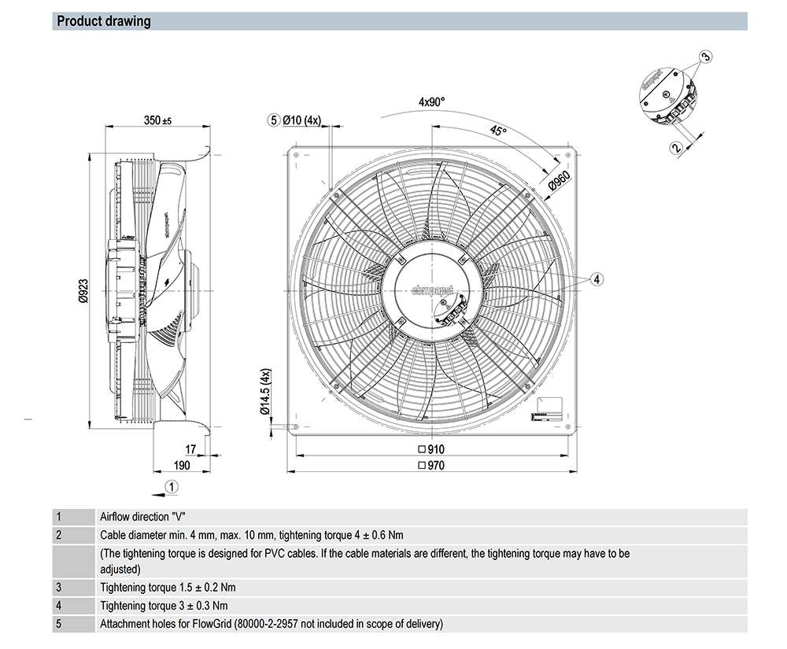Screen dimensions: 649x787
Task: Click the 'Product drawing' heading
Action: [104, 21]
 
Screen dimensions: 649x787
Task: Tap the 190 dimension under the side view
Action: [182, 465]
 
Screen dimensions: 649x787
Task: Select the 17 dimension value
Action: [190, 449]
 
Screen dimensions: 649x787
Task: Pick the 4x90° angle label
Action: [431, 101]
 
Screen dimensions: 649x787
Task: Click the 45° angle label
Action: [498, 131]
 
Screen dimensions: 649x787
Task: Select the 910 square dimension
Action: [431, 449]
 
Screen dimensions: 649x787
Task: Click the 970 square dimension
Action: [431, 465]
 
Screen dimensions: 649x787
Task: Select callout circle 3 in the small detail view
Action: [706, 56]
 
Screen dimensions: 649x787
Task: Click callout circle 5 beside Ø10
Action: [273, 120]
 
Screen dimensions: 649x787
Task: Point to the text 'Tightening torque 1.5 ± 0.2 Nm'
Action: [168, 588]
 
